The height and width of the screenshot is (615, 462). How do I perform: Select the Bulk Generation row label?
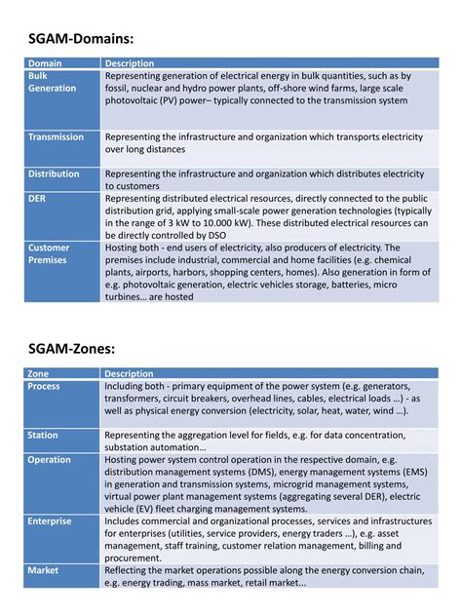[52, 82]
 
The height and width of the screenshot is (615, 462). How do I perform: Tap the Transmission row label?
[56, 137]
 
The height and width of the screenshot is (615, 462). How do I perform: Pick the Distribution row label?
[54, 173]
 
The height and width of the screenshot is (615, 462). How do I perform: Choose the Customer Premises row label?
[49, 254]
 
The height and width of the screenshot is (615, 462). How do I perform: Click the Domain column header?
[45, 63]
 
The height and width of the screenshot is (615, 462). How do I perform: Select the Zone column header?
[38, 374]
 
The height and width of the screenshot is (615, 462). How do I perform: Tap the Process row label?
[43, 387]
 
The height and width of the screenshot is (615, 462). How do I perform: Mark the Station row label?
[43, 436]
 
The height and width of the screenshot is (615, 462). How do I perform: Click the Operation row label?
[49, 460]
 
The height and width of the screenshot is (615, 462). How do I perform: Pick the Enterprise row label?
[49, 521]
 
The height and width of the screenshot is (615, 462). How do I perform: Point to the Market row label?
[43, 569]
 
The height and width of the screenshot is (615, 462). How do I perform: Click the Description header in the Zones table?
[130, 374]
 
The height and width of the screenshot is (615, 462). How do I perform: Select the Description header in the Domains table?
[130, 63]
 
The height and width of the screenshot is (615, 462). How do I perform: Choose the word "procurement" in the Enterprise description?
[135, 557]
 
